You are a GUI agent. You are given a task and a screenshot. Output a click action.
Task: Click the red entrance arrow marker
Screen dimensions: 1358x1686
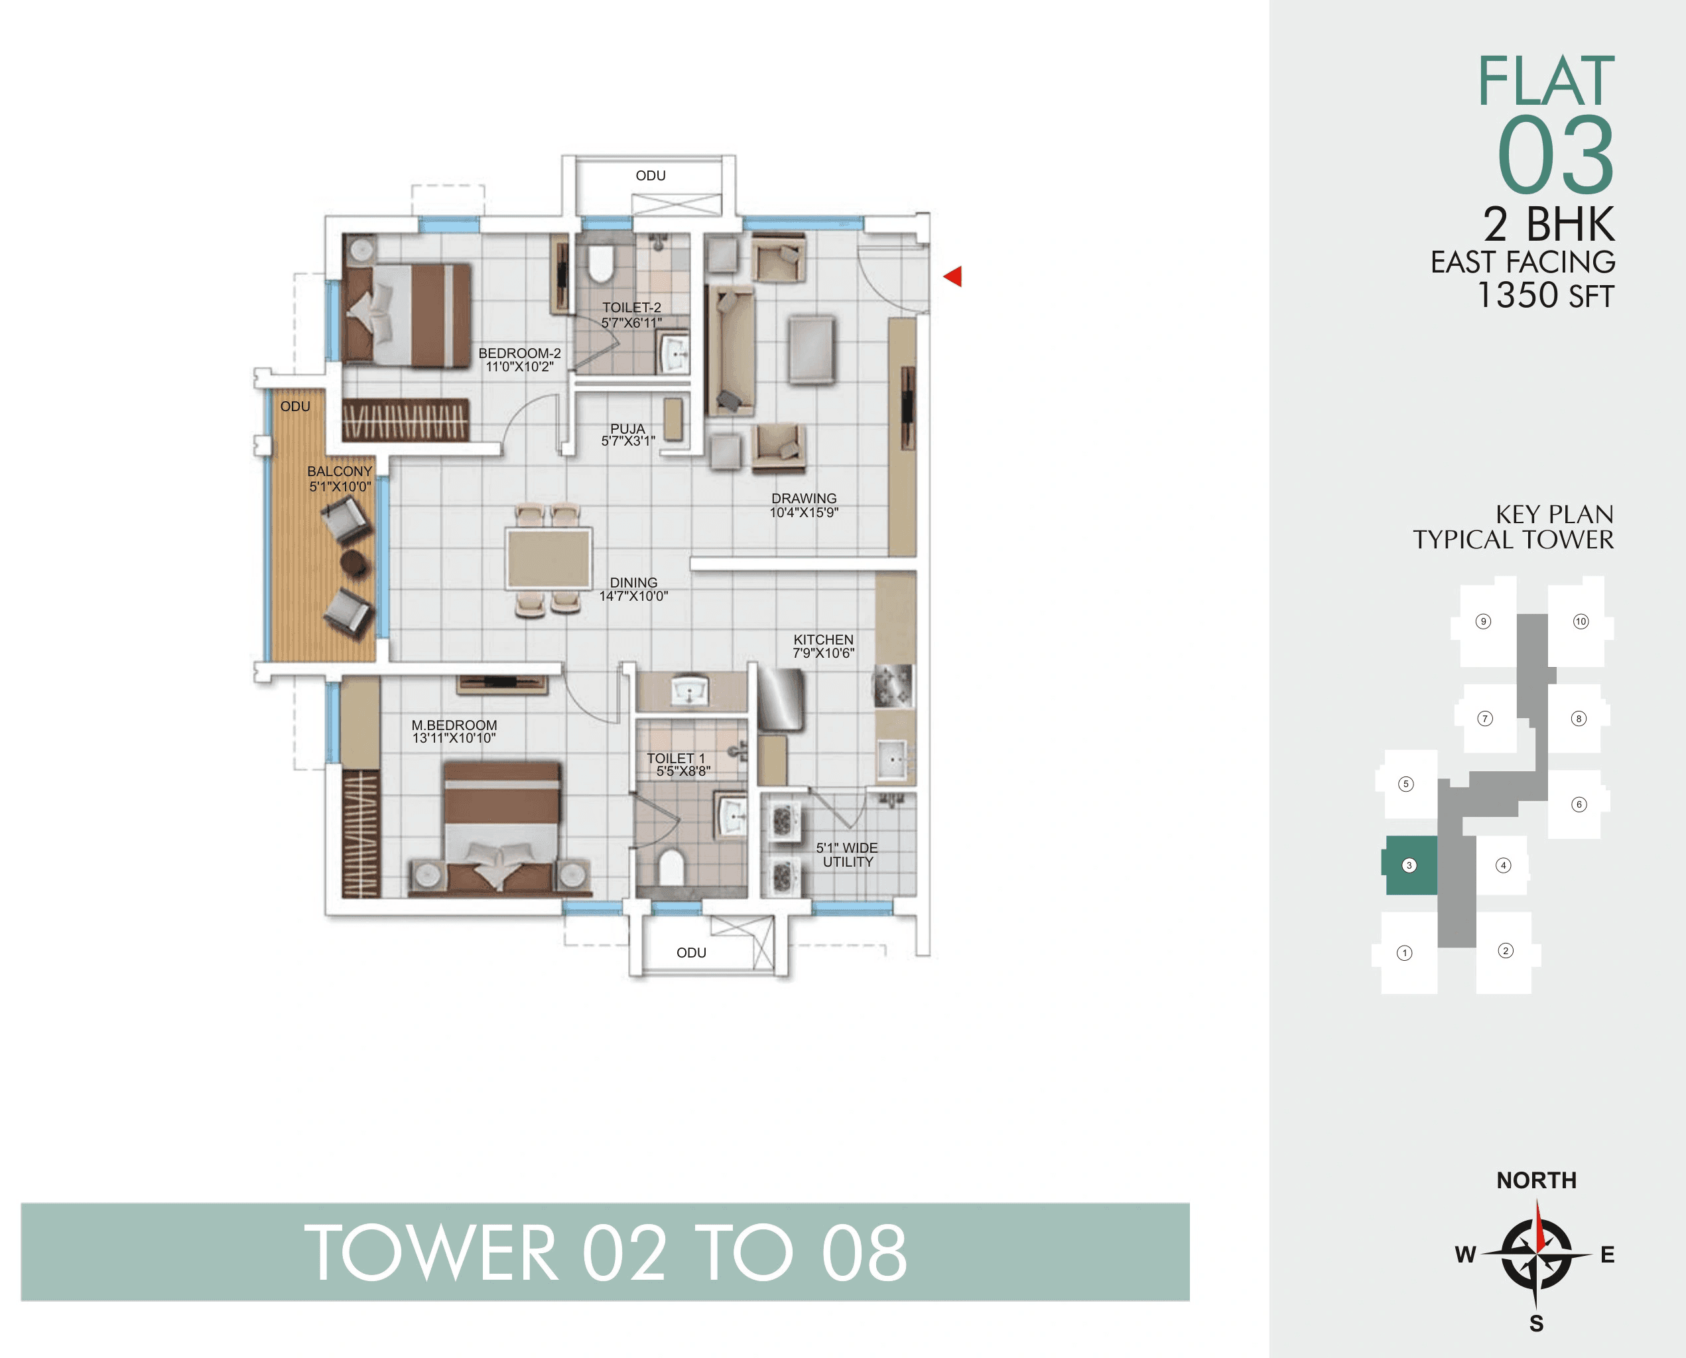953,276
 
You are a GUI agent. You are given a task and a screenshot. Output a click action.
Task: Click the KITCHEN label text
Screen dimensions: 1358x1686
823,639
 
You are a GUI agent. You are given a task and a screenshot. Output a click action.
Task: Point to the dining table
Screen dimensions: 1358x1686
549,557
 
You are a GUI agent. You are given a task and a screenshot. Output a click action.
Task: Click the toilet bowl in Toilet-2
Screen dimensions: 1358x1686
600,265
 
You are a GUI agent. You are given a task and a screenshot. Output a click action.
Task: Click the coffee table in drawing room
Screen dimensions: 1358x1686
811,349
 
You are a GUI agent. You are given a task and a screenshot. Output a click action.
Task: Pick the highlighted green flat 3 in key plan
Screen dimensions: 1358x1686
1411,865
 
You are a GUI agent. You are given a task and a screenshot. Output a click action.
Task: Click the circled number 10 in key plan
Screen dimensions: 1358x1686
1581,621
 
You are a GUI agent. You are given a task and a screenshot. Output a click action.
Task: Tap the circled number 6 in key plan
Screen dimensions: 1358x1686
1579,804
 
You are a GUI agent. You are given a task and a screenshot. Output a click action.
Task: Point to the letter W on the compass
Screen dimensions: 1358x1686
1464,1254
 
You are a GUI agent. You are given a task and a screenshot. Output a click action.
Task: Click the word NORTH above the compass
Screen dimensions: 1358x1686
1536,1180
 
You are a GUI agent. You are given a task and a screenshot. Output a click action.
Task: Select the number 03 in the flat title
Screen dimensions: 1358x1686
1555,155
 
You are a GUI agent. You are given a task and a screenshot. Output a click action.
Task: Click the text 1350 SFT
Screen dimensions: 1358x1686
1545,296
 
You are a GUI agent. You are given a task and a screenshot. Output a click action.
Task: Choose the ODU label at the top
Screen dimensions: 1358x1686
650,175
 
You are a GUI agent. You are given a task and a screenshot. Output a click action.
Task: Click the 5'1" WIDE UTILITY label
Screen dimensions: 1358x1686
847,854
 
